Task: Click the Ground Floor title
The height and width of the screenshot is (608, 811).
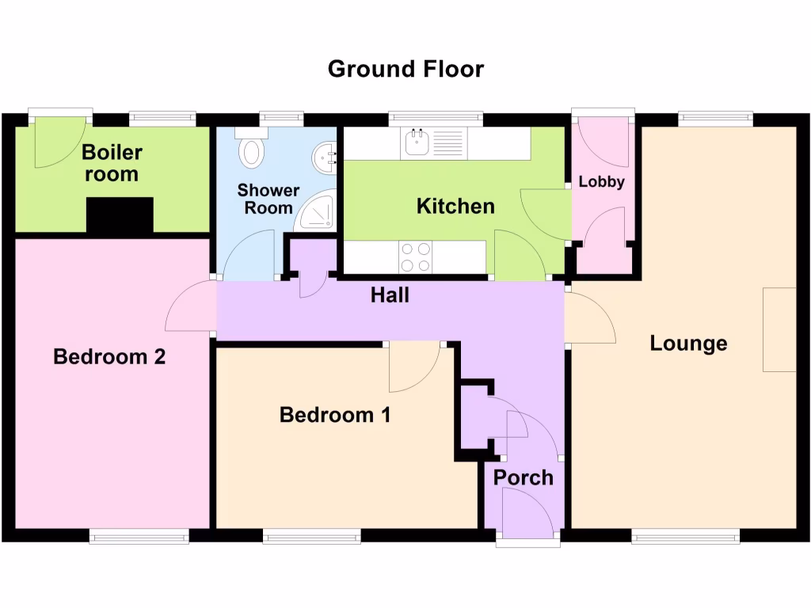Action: pyautogui.click(x=405, y=69)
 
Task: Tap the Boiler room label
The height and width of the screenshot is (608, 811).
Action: pyautogui.click(x=112, y=163)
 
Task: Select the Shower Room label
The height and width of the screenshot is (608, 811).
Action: pyautogui.click(x=269, y=199)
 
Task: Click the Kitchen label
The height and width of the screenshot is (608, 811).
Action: pyautogui.click(x=455, y=207)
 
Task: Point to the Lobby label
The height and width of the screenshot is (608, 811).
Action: pyautogui.click(x=602, y=181)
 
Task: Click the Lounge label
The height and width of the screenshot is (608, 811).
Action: pyautogui.click(x=688, y=344)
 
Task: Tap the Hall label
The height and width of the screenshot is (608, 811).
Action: pyautogui.click(x=390, y=295)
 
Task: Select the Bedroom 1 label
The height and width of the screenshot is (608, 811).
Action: pyautogui.click(x=335, y=415)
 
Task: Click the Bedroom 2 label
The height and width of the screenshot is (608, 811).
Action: pyautogui.click(x=109, y=357)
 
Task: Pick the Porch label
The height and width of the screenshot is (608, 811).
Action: pyautogui.click(x=523, y=477)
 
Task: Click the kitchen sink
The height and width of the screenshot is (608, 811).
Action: pyautogui.click(x=417, y=143)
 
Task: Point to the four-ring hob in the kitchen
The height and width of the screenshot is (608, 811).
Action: pyautogui.click(x=416, y=256)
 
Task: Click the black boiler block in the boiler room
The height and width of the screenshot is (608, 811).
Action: pyautogui.click(x=119, y=216)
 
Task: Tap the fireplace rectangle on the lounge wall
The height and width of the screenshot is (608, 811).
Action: pyautogui.click(x=779, y=329)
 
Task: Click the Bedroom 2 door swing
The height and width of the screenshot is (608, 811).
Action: pyautogui.click(x=191, y=309)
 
